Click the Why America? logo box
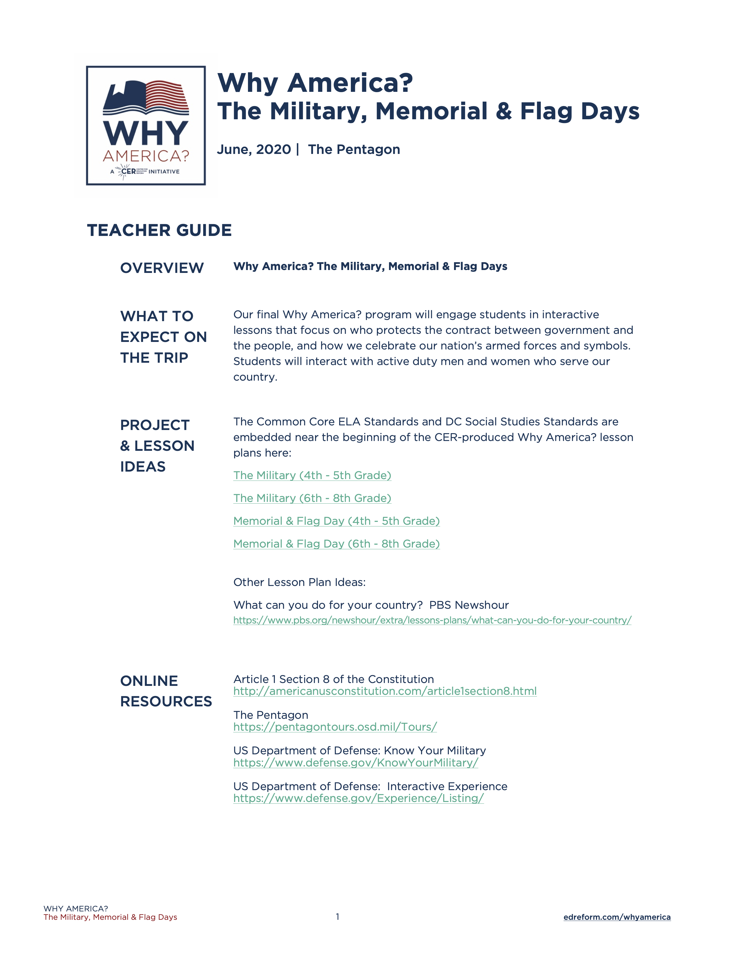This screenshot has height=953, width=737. (x=146, y=126)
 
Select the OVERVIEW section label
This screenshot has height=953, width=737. (x=162, y=268)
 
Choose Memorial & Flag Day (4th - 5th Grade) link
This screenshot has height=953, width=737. (x=336, y=521)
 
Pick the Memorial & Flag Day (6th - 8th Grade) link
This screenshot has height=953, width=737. (x=336, y=544)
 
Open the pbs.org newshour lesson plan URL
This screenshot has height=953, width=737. (x=432, y=620)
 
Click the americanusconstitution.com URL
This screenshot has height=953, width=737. (x=385, y=691)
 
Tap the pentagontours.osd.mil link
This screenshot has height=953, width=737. (x=335, y=727)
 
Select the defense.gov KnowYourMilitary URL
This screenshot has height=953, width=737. (x=355, y=763)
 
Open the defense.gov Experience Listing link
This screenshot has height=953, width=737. (x=358, y=798)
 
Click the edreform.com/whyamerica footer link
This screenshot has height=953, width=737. (x=617, y=917)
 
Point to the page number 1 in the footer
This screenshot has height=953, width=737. (x=338, y=916)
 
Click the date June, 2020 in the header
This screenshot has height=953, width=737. (x=254, y=150)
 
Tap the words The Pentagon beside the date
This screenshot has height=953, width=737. (x=354, y=150)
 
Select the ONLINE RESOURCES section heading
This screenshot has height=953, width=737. (x=166, y=691)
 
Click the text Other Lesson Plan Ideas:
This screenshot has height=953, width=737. (x=299, y=582)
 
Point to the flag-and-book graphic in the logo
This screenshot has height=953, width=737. (x=146, y=98)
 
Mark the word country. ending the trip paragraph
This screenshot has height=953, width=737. (x=255, y=377)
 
